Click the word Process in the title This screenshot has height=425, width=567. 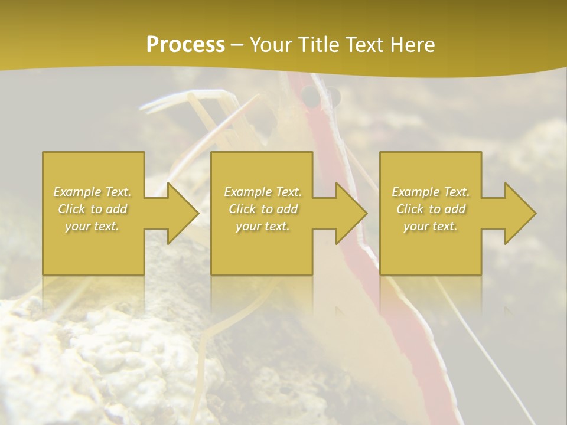pos(185,45)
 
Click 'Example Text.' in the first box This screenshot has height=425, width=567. pos(93,192)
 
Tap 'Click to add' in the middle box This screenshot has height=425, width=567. pos(263,209)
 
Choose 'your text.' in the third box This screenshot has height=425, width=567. pos(431,226)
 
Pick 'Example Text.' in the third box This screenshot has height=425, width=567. pos(431,192)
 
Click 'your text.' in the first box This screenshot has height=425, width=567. pos(93,226)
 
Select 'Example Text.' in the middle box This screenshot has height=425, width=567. pos(263,192)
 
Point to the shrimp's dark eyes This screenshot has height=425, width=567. pos(321,96)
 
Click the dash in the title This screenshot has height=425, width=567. pos(237,45)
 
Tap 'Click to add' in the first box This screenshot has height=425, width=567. pos(93,209)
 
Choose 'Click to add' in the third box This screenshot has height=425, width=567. pos(431,209)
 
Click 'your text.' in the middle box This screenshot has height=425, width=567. pos(263,226)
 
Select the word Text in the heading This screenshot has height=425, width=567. pos(365,45)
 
